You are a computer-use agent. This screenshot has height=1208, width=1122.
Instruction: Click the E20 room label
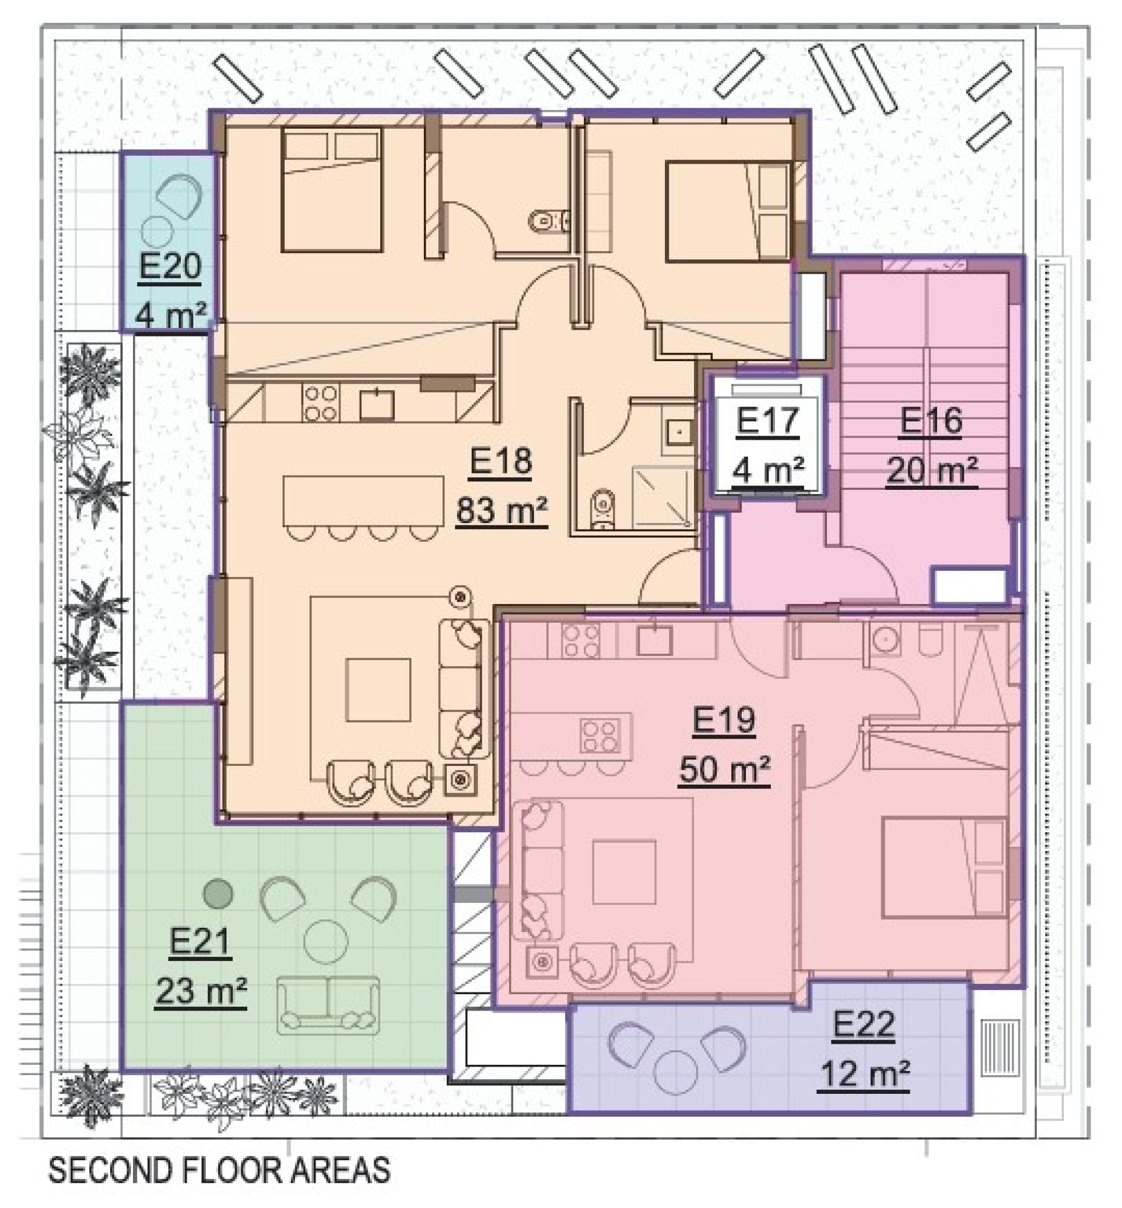[170, 266]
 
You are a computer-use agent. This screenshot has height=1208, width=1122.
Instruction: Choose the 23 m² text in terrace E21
[200, 992]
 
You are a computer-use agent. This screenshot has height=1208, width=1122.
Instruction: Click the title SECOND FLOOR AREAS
[219, 1171]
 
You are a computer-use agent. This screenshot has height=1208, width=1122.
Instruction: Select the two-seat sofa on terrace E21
[328, 1005]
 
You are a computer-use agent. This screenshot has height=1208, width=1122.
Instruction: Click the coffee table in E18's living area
[378, 690]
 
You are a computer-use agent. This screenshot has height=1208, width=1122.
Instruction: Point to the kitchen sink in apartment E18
[377, 405]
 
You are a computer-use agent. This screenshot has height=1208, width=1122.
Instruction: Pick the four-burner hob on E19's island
[600, 734]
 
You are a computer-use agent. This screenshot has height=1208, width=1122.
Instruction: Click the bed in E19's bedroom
[944, 867]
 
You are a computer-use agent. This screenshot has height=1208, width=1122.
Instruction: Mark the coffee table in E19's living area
[624, 872]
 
